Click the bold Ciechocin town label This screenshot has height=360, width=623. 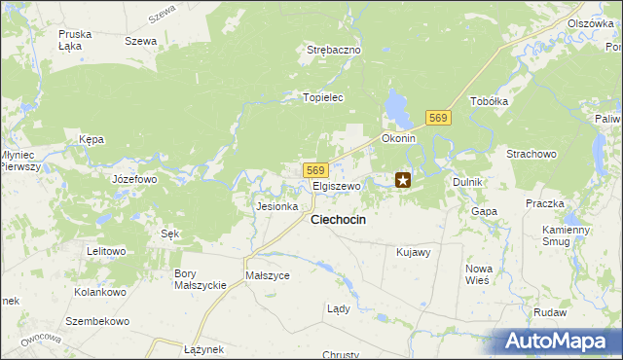tap(338, 220)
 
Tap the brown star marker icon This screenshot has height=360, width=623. tap(403, 180)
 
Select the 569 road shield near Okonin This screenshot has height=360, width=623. tap(438, 118)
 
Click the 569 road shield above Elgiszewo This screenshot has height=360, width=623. tap(313, 169)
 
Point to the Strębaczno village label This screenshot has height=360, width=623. tap(334, 50)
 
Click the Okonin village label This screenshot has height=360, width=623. tap(398, 138)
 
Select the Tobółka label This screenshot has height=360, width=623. tap(490, 101)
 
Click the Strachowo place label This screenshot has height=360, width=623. tap(531, 154)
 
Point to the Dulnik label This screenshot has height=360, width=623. tap(468, 182)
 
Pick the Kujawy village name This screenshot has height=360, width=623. tap(414, 252)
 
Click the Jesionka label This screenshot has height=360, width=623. tap(275, 206)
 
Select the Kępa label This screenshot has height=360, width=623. tap(92, 139)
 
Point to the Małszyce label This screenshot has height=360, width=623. tap(268, 275)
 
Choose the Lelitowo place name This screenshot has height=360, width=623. tap(106, 251)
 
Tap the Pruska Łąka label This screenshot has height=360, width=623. tap(75, 39)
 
